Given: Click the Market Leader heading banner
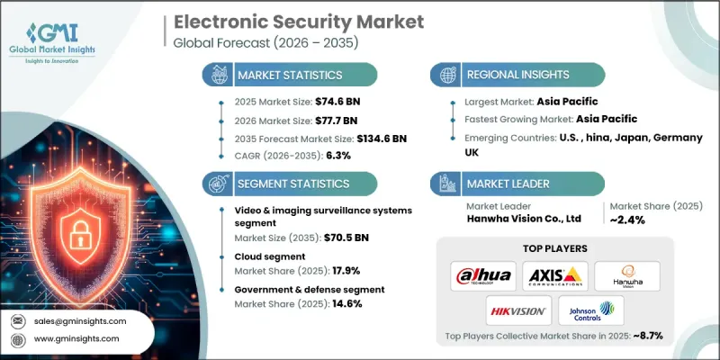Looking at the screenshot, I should [517, 183].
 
